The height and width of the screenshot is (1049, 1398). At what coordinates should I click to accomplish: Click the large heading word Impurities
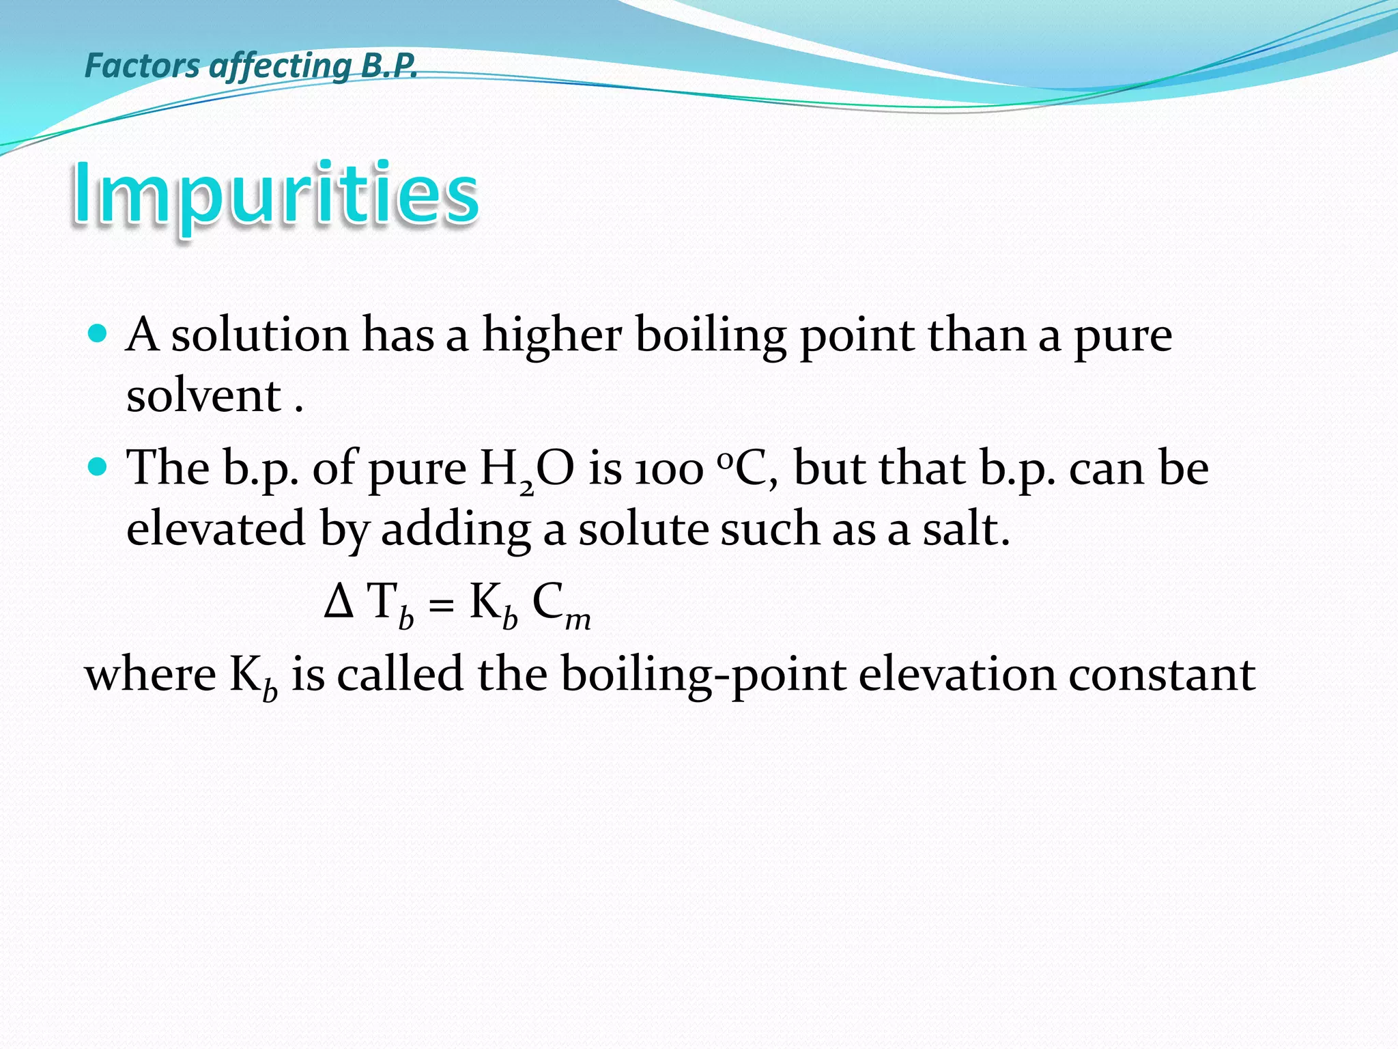(275, 193)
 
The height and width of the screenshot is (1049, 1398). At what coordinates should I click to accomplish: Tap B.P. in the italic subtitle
(388, 66)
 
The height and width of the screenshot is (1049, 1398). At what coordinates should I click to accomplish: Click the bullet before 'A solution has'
(98, 334)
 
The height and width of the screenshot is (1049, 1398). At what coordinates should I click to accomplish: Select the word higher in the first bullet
(552, 335)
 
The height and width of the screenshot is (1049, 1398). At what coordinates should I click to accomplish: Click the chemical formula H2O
(526, 471)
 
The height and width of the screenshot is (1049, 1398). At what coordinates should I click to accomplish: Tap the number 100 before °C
(669, 471)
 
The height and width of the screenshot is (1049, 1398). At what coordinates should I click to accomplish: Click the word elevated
(216, 529)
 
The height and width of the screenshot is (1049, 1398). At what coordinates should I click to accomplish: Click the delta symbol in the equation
(339, 602)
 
